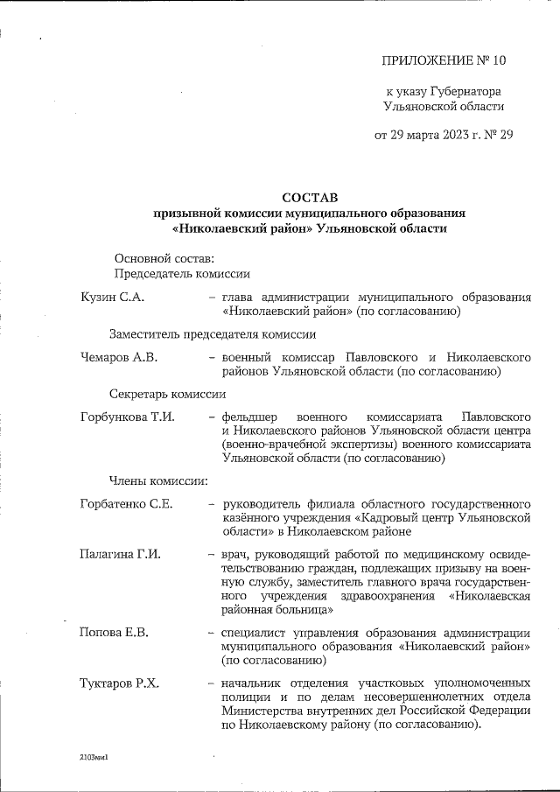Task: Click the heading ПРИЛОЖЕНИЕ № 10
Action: tap(444, 60)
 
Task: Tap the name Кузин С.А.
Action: tap(112, 298)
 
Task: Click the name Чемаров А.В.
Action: tap(120, 358)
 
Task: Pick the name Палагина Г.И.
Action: tap(120, 554)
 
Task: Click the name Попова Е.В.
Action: tap(112, 633)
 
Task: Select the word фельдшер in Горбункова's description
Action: tap(252, 417)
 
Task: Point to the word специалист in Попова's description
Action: tap(255, 633)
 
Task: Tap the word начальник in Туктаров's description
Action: tap(255, 683)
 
